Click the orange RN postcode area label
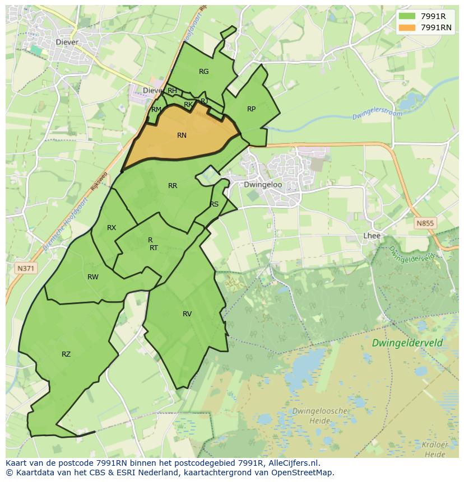click(182, 135)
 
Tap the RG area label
click(203, 71)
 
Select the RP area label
click(251, 109)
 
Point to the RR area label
click(173, 186)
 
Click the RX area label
click(112, 228)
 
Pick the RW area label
click(93, 277)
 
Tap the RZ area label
click(66, 354)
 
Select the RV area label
click(187, 314)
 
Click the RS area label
click(214, 204)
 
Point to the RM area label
click(156, 110)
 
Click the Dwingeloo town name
click(263, 185)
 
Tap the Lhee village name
click(372, 236)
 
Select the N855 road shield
click(425, 223)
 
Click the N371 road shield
click(26, 269)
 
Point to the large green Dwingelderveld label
click(406, 343)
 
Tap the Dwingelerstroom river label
click(378, 115)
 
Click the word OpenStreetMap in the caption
click(303, 472)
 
